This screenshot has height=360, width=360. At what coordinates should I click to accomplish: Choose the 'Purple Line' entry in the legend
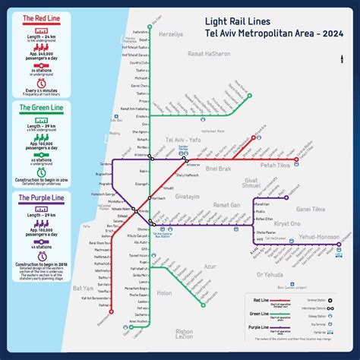coord(266,327)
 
